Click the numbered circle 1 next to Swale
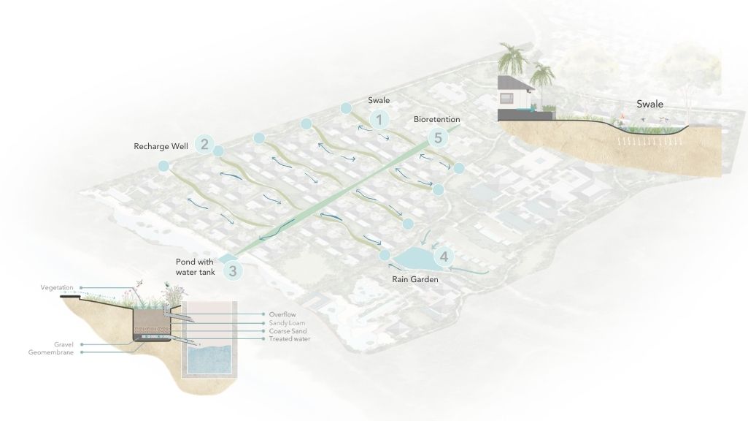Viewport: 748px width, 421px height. pos(379,119)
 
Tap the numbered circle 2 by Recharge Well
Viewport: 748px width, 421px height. pos(204,144)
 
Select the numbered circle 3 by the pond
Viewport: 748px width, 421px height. pos(233,271)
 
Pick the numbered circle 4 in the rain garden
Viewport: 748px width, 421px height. pos(444,257)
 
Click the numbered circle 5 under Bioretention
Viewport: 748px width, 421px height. pos(438,137)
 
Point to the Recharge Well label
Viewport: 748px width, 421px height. pos(161,146)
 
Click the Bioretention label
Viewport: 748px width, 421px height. pos(437,119)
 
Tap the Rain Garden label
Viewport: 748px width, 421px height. pos(415,279)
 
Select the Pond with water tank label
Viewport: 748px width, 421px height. pos(195,267)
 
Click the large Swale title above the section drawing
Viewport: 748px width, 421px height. pos(649,104)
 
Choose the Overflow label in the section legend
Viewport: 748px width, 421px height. pos(282,314)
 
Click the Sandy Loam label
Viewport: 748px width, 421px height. pos(287,323)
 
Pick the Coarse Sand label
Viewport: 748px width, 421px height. pos(288,331)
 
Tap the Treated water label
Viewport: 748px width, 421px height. pos(290,339)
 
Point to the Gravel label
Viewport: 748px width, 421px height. pos(63,344)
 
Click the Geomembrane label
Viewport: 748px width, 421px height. pos(50,352)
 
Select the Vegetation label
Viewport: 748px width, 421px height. pos(57,288)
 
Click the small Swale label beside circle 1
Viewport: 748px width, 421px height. pos(379,100)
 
